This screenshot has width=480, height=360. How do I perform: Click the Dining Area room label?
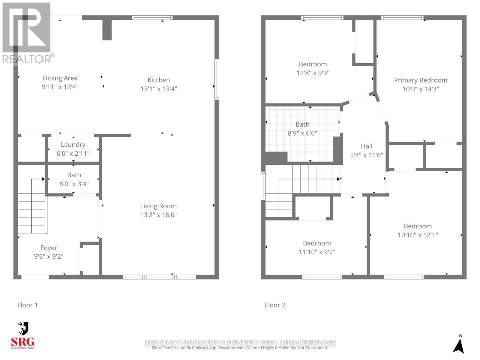point(60,78)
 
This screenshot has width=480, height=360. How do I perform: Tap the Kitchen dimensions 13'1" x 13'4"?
point(159,89)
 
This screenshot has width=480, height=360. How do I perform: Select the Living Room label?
point(158,206)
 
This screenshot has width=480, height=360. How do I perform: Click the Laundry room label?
point(73,145)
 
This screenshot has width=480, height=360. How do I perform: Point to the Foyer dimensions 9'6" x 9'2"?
point(49,256)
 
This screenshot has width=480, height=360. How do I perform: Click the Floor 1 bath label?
point(74,175)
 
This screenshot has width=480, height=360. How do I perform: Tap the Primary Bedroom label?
point(421,80)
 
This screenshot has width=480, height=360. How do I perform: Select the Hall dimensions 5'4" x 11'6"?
point(367,155)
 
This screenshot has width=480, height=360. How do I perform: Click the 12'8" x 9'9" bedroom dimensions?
point(313,73)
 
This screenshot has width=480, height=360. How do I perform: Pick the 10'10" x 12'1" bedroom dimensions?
point(418,235)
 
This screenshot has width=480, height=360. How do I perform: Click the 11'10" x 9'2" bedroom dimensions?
point(317,252)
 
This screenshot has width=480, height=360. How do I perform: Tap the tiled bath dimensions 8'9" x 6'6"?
point(302,133)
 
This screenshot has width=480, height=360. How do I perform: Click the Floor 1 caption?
point(28,305)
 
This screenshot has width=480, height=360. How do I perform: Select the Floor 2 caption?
point(275,305)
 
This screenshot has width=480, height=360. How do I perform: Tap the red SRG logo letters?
point(23,342)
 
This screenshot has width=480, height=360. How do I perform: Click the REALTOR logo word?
point(27,59)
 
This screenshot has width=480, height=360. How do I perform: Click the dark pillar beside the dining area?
point(107,30)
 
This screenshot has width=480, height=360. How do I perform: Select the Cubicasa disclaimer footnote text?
point(240,348)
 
